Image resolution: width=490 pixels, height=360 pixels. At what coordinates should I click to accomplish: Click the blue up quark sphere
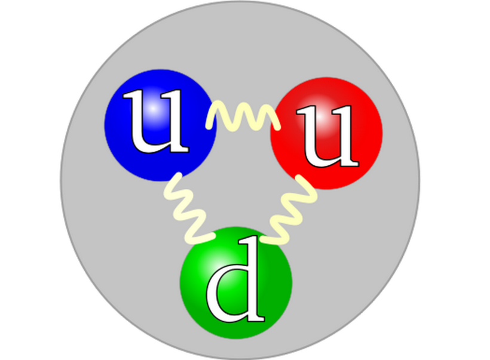click(x=160, y=125)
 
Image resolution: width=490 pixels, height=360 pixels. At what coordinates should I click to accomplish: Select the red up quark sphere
click(x=326, y=133)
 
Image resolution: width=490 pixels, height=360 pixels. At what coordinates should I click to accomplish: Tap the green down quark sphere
click(x=236, y=282)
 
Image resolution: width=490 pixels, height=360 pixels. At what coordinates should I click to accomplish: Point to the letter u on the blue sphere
click(x=156, y=121)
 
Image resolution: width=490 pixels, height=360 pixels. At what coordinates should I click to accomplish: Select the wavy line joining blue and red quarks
click(x=243, y=116)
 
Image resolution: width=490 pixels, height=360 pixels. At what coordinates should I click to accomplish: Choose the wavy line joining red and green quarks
click(x=289, y=210)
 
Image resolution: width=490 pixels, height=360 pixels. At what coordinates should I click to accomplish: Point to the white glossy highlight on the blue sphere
click(x=153, y=108)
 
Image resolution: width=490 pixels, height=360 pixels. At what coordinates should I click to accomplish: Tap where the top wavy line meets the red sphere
click(x=277, y=127)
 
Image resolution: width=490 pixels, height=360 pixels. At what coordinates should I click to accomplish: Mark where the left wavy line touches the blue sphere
click(x=179, y=175)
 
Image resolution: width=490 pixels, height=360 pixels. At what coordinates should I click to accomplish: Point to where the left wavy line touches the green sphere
click(x=212, y=236)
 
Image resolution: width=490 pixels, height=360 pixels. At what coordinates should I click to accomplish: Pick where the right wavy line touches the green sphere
click(x=264, y=240)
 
